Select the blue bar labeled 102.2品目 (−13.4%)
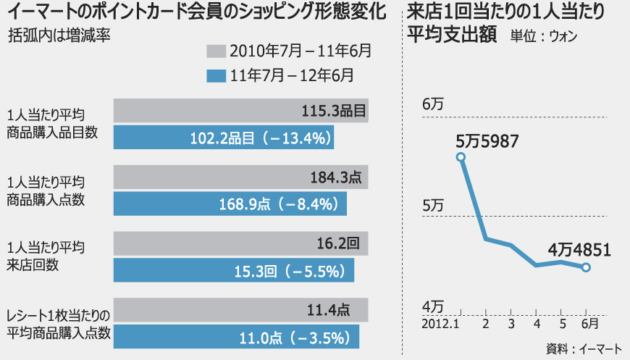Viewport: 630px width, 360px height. tap(224, 138)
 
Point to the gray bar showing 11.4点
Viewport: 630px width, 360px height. tap(232, 310)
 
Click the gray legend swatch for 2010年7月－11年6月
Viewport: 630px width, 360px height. tap(216, 51)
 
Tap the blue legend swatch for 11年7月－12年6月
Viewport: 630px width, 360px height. tap(216, 75)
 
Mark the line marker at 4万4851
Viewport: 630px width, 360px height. tap(586, 268)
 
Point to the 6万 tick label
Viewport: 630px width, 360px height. tap(432, 104)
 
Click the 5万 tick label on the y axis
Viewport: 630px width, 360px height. tap(432, 206)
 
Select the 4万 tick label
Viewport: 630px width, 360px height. tap(432, 306)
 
